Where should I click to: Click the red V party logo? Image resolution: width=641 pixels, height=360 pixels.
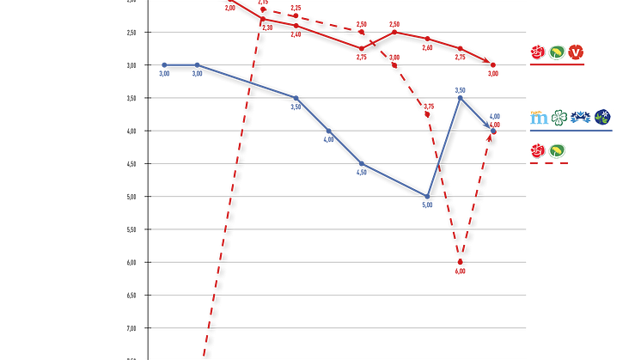coord(577,52)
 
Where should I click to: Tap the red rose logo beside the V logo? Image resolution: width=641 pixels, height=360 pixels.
coord(537,52)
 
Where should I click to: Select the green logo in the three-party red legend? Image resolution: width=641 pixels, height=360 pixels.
coord(557,52)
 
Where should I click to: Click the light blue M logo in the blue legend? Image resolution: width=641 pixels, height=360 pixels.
coord(537,117)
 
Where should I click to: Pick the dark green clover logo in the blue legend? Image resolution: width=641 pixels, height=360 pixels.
coord(559,117)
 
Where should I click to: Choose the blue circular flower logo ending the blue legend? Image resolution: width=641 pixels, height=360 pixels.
coord(604,117)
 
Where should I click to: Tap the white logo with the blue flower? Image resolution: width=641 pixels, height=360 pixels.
coord(581,117)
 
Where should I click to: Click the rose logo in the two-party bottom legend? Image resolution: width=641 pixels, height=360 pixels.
coord(537,152)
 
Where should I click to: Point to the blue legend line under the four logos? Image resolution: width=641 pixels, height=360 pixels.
coord(571,131)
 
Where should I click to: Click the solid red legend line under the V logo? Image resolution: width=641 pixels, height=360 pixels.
coord(557,65)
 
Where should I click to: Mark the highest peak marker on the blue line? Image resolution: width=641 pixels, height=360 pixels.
coord(461,88)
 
